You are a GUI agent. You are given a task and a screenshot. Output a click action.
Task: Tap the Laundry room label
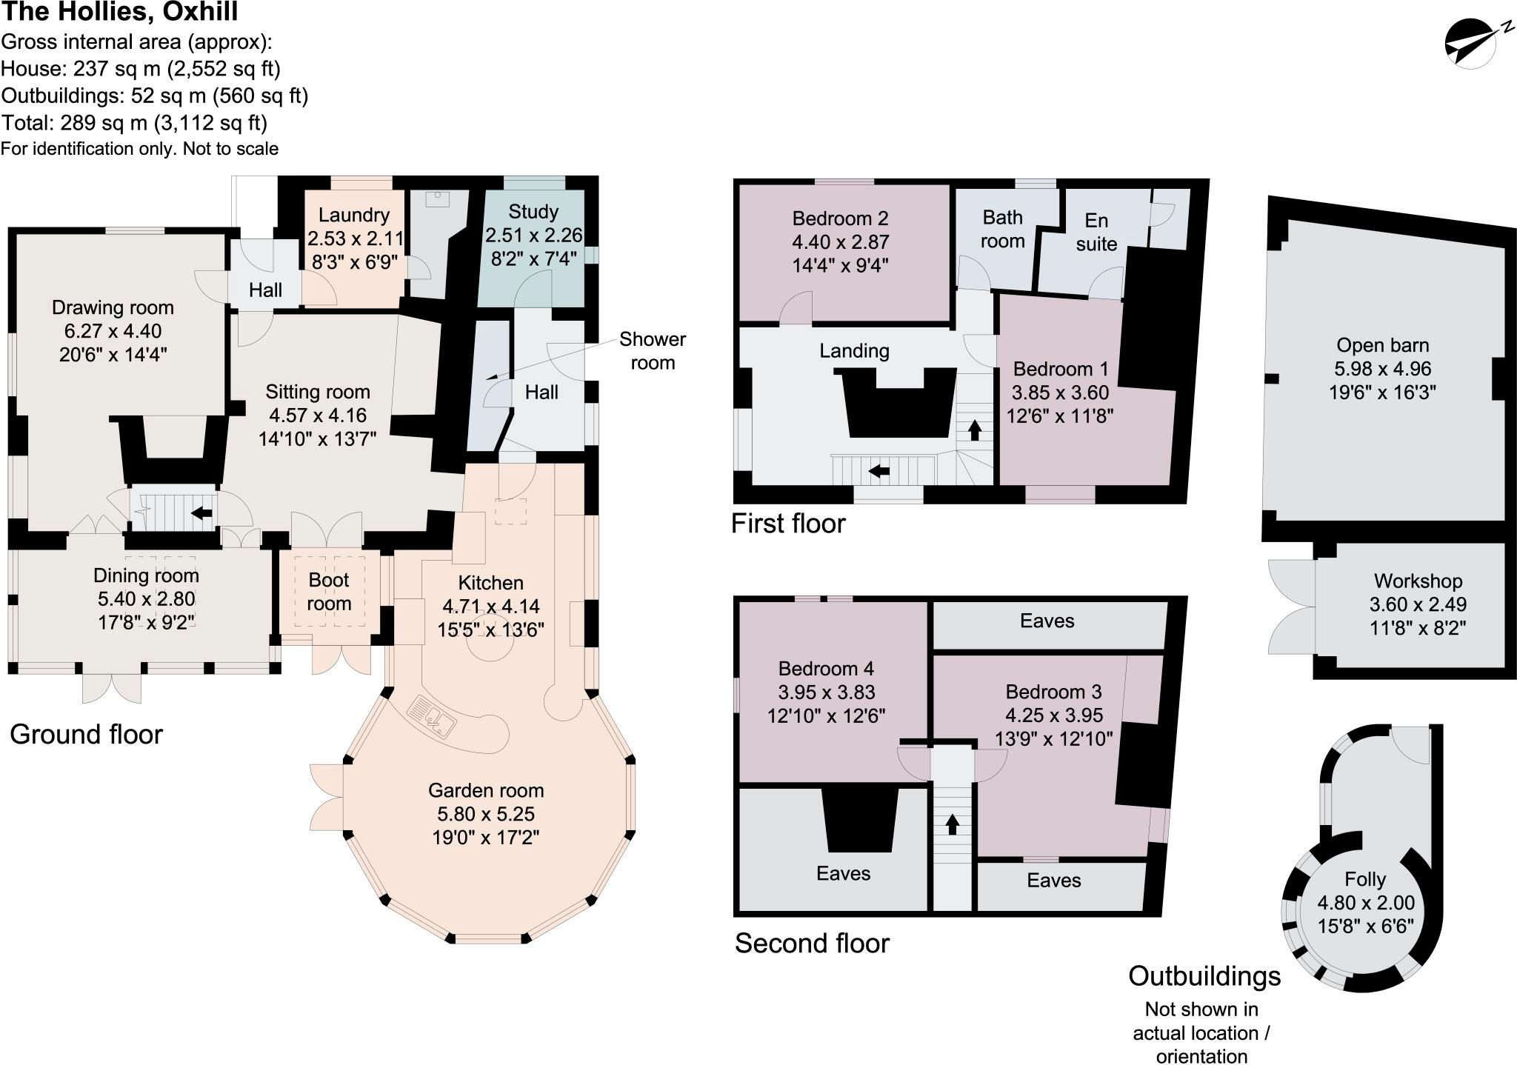[354, 215]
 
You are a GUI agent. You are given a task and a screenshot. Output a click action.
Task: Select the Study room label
[533, 212]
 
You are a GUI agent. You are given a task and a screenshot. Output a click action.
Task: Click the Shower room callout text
[653, 350]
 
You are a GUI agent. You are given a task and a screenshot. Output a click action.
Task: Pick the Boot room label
[329, 591]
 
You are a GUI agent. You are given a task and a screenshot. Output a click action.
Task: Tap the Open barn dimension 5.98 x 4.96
[1382, 369]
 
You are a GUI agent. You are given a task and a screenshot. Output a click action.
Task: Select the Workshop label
[1418, 581]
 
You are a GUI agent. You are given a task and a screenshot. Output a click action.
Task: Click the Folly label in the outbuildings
[1365, 879]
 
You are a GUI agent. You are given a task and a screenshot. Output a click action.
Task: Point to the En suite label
[1096, 232]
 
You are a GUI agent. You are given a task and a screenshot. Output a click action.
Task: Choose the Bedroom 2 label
[840, 218]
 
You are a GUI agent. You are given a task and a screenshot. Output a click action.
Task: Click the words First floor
[788, 524]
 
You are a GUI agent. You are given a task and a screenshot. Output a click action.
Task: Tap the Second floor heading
[812, 944]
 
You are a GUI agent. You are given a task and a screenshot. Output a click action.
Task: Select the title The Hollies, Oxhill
[120, 12]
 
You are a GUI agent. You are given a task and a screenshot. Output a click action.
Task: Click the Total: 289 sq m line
[134, 122]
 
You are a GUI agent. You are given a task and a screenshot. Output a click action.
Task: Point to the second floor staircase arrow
[952, 824]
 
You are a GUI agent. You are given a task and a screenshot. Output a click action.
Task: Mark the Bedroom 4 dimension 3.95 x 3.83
[826, 692]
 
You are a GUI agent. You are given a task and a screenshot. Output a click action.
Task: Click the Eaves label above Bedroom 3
[1047, 621]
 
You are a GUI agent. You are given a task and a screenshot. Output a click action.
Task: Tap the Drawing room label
[113, 307]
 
